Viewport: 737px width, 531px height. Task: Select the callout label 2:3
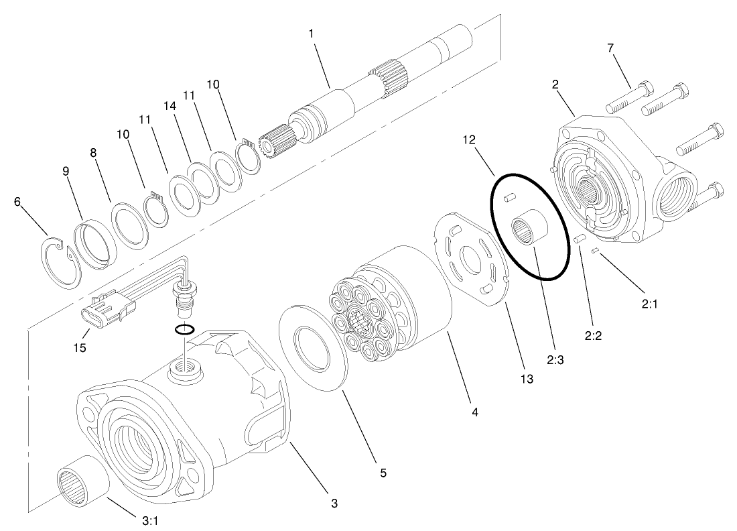point(555,360)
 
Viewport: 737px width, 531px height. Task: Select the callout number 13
point(526,379)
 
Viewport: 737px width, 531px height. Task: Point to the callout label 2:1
point(649,304)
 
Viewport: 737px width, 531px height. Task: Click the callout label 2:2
point(593,336)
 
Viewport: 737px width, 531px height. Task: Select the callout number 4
point(474,412)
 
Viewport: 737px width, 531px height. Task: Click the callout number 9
point(66,171)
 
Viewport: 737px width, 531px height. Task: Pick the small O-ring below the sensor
point(185,329)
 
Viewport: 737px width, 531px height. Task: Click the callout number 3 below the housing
point(334,503)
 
